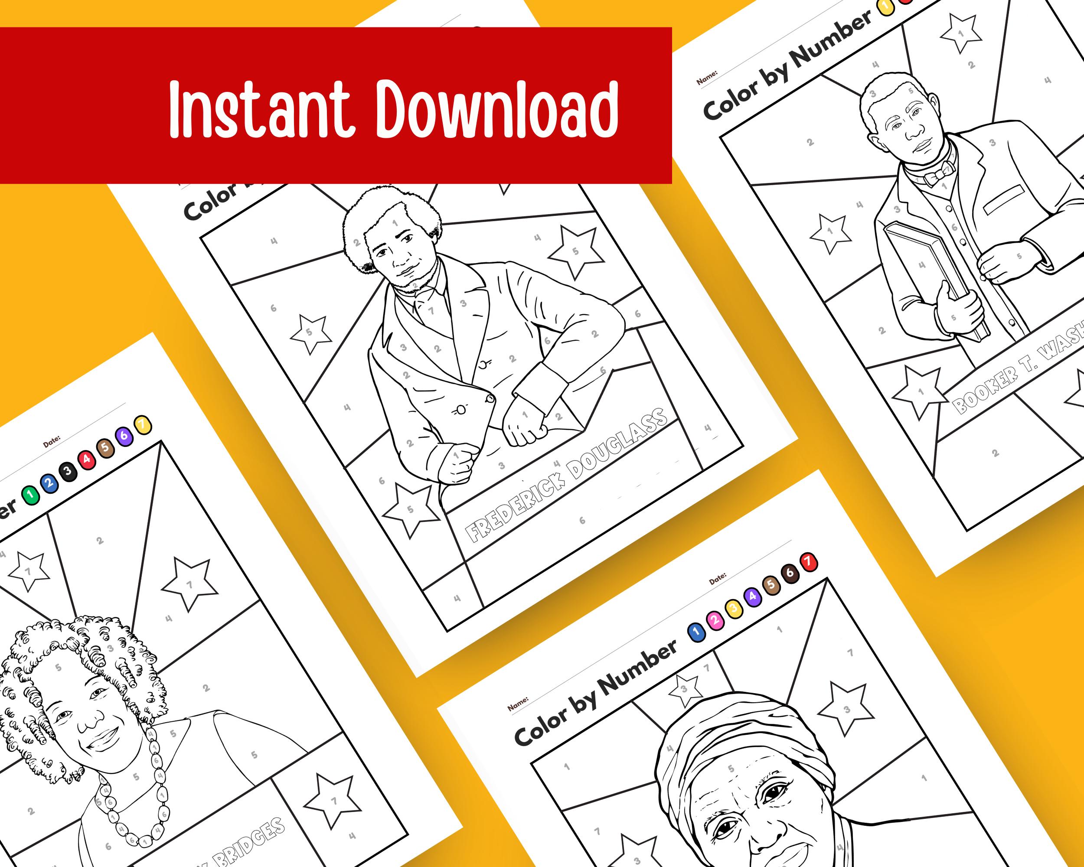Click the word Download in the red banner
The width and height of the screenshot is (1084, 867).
point(497,109)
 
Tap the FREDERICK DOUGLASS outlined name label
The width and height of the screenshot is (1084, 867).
point(565,476)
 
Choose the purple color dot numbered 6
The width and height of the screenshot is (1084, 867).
point(124,435)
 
